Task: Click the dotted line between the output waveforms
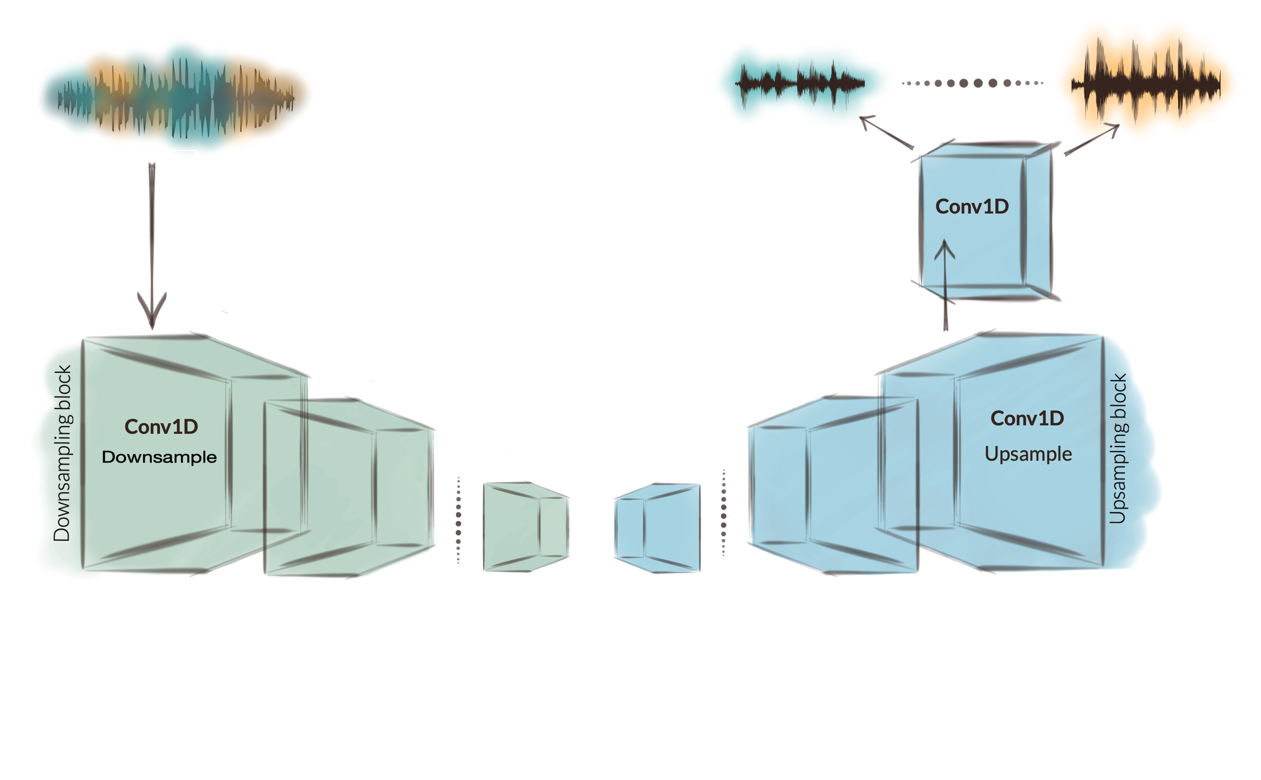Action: pos(972,83)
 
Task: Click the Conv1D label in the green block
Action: pos(161,427)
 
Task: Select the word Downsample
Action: pos(160,457)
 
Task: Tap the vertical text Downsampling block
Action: pos(62,453)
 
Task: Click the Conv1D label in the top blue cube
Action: pos(972,206)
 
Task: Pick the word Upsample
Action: pos(1028,454)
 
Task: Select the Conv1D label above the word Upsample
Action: pos(1027,418)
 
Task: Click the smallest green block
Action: pos(525,526)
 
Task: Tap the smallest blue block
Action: pos(658,527)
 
